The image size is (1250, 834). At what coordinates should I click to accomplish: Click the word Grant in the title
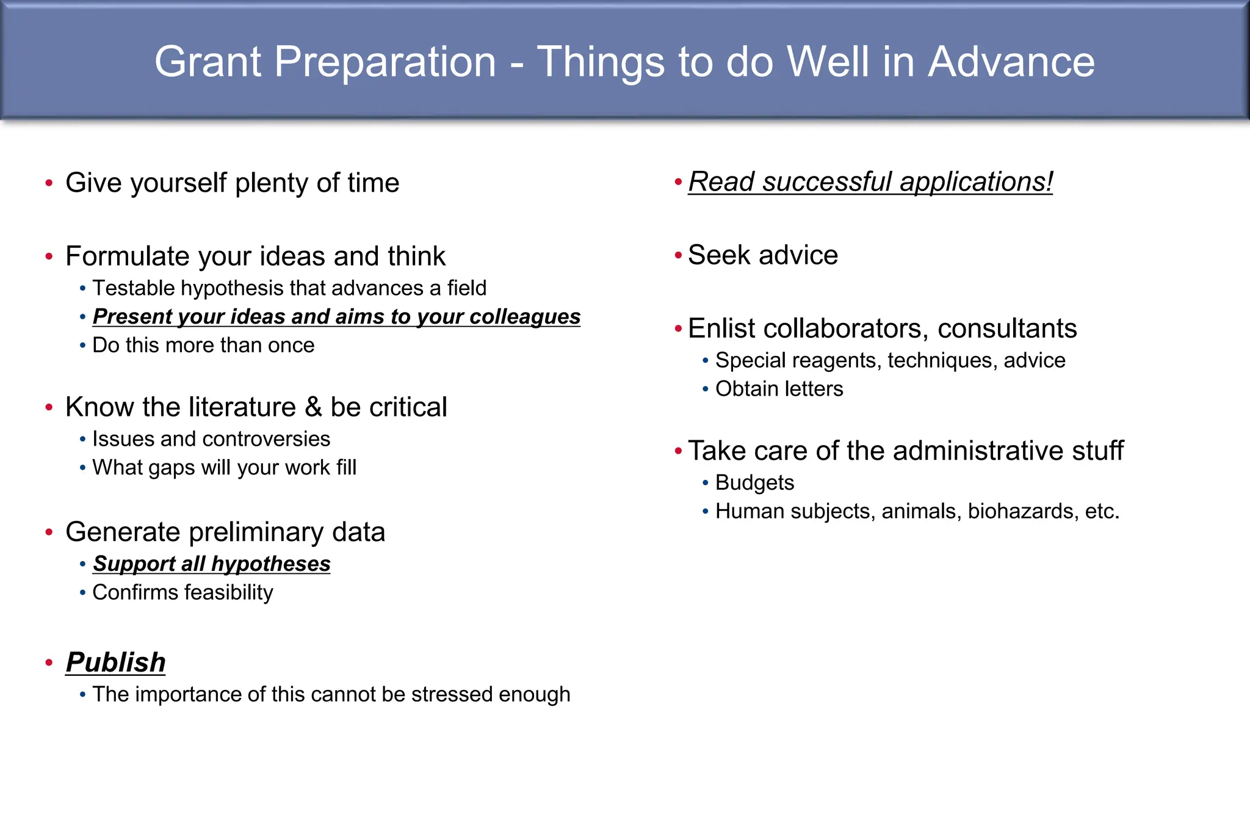[x=208, y=62]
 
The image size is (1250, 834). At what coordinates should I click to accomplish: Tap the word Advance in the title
[x=1011, y=62]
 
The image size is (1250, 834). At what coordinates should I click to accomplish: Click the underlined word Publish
[x=116, y=662]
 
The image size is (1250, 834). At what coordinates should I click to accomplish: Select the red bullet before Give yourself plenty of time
[x=49, y=183]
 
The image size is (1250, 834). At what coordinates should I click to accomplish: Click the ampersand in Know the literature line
[x=313, y=407]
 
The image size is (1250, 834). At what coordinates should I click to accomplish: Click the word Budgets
[x=754, y=483]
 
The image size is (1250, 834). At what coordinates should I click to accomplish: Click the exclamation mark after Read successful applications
[x=1049, y=182]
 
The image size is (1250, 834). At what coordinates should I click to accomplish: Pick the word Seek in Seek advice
[x=717, y=255]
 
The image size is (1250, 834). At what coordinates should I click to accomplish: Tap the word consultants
[x=1007, y=328]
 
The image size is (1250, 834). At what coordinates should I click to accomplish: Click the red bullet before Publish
[x=49, y=663]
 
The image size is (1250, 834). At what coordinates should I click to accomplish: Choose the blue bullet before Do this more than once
[x=82, y=346]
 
